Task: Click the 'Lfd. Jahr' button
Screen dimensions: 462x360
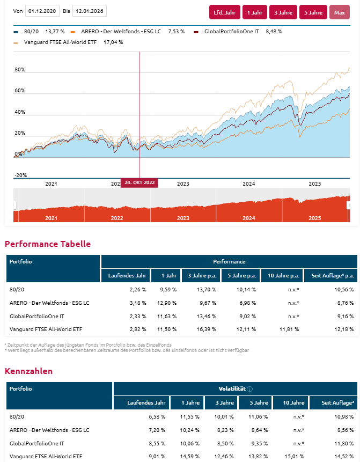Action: [x=225, y=12]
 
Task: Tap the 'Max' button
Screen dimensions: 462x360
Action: [x=339, y=12]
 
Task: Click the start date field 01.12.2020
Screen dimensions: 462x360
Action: [x=42, y=11]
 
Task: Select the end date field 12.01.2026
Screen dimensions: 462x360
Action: [x=89, y=11]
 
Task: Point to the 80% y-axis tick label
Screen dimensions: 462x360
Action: [x=20, y=70]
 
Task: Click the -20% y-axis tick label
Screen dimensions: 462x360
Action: [x=20, y=175]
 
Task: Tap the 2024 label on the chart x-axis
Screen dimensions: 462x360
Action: [x=248, y=184]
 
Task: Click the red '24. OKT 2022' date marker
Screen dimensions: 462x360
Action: [x=139, y=182]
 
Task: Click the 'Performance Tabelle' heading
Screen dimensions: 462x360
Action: [x=48, y=244]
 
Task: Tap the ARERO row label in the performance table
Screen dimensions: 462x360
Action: [x=49, y=303]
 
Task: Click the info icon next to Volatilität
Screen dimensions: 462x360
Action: [x=250, y=389]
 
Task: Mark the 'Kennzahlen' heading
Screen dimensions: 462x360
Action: [x=28, y=371]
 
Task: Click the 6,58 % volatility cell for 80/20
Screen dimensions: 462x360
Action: [x=156, y=416]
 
